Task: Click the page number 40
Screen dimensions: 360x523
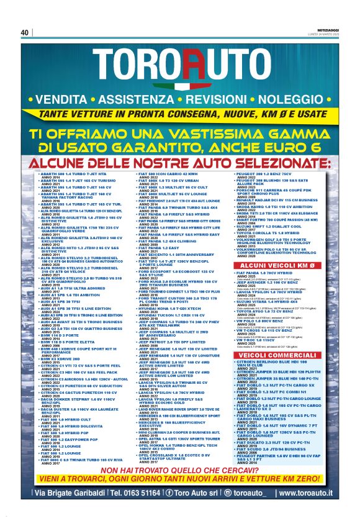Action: pos(24,32)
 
